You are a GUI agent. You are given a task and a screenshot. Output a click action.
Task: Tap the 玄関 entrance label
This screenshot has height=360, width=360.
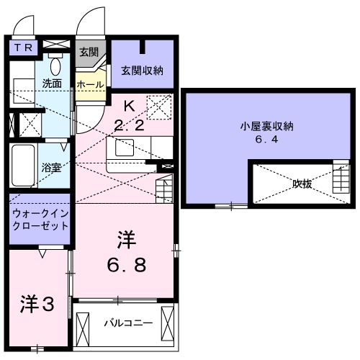pyautogui.click(x=89, y=53)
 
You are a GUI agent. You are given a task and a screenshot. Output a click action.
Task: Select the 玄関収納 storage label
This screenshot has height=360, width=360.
pyautogui.click(x=142, y=70)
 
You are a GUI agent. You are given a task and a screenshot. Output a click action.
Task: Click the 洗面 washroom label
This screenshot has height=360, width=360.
pyautogui.click(x=51, y=83)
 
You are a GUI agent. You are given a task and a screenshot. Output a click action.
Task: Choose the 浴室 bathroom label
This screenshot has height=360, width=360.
pyautogui.click(x=51, y=166)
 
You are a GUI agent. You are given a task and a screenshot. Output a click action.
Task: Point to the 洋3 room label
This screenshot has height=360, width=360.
pyautogui.click(x=37, y=305)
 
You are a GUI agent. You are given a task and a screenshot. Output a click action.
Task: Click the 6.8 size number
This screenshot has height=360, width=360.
pyautogui.click(x=129, y=265)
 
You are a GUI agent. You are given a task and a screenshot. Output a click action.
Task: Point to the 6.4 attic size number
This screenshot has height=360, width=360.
pyautogui.click(x=267, y=140)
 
